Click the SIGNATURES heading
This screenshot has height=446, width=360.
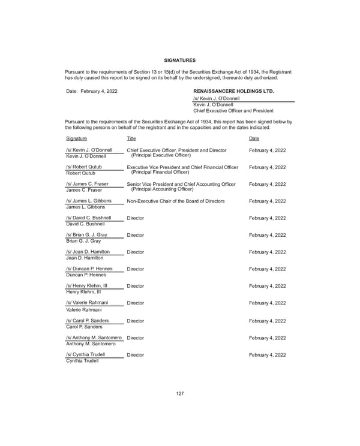(179, 60)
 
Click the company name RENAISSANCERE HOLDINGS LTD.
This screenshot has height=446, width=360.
(233, 91)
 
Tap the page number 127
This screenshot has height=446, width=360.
(179, 393)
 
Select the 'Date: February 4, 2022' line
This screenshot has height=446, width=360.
(91, 91)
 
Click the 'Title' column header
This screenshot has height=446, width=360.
(131, 138)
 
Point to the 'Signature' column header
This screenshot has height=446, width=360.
(76, 138)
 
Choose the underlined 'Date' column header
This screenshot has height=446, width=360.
(254, 138)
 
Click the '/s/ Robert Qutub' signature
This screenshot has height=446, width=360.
(83, 167)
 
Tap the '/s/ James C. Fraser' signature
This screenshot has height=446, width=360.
(87, 184)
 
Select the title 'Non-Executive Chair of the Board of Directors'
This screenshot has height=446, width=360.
(176, 201)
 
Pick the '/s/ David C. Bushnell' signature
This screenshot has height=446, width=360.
(88, 218)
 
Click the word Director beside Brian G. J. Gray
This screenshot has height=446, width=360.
(136, 236)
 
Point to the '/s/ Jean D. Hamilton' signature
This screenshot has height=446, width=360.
(88, 252)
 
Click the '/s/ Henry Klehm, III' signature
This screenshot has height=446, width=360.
(86, 286)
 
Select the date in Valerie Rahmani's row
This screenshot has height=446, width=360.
(267, 303)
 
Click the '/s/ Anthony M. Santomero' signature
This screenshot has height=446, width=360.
(94, 338)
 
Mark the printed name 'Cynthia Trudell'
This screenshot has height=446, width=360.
(82, 360)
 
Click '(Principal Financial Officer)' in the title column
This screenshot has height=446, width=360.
(160, 173)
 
